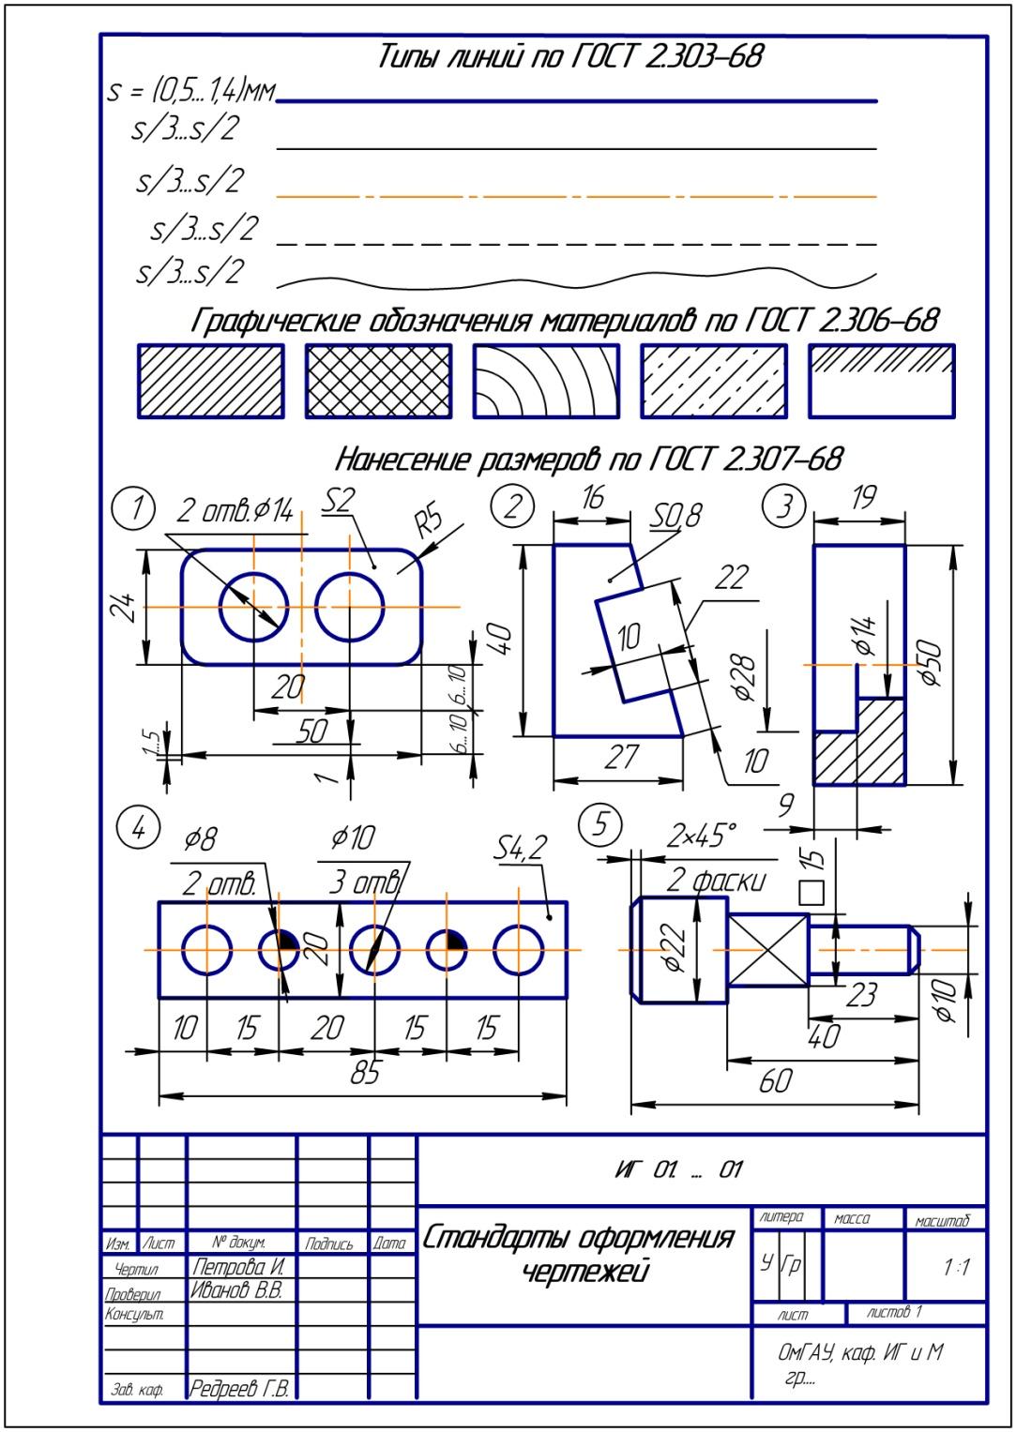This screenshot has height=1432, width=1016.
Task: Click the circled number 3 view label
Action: pos(784,506)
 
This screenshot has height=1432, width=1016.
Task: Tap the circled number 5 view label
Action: pos(600,824)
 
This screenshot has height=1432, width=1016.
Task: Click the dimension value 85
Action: pos(364,1072)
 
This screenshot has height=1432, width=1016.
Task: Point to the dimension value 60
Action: pos(775,1081)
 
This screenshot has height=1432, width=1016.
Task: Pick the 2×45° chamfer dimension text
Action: pos(702,834)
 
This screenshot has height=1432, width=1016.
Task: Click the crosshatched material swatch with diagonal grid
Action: pos(378,381)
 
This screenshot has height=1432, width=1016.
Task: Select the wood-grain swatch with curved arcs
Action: pos(545,381)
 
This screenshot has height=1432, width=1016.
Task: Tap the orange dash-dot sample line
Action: pos(576,197)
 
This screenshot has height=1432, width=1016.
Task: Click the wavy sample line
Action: pos(576,280)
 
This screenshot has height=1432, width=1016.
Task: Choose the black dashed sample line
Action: pos(576,244)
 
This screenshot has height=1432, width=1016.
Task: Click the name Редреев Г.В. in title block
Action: pos(239,1388)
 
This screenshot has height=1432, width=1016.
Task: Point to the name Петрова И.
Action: pos(237,1267)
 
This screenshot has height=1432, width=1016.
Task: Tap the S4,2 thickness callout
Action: pos(520,850)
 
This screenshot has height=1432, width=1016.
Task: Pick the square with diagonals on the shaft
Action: pos(767,951)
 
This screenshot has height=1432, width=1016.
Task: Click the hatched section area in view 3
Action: pos(859,746)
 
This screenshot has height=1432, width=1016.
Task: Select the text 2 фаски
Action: pos(716,880)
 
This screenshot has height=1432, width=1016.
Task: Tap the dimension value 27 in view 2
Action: pos(621,757)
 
